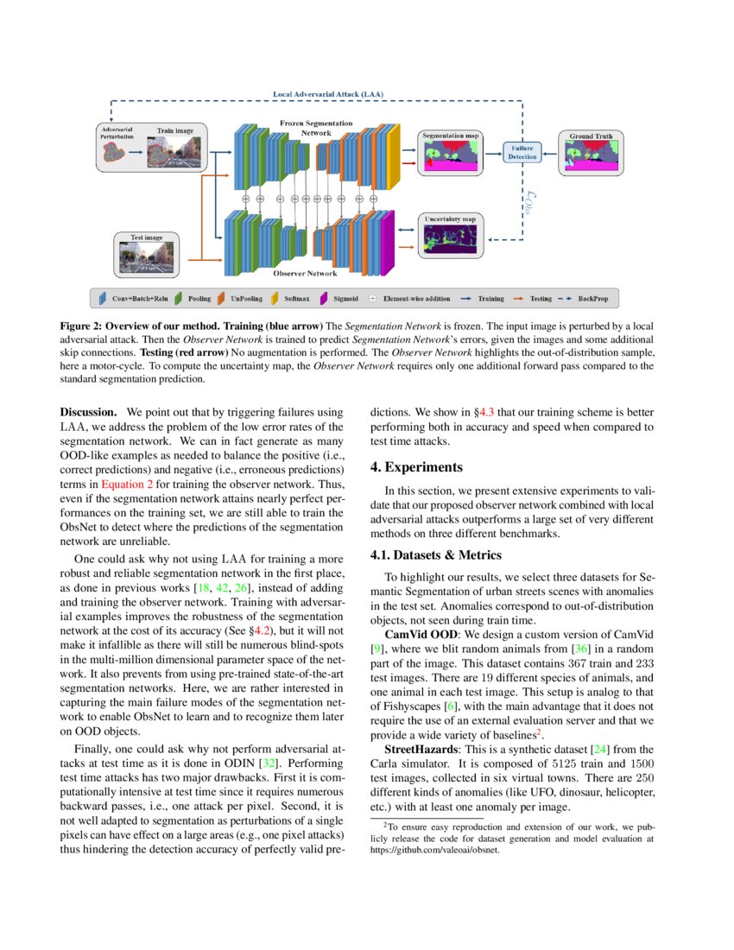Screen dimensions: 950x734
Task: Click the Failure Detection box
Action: coord(520,152)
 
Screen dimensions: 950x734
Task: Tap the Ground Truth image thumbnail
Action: coord(592,158)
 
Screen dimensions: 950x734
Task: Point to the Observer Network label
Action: coord(305,273)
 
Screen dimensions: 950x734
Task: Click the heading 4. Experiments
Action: coord(416,467)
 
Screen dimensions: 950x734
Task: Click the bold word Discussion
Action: coord(87,413)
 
